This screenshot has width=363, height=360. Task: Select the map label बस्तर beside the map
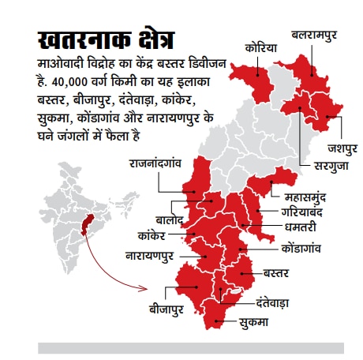[x=274, y=273]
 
